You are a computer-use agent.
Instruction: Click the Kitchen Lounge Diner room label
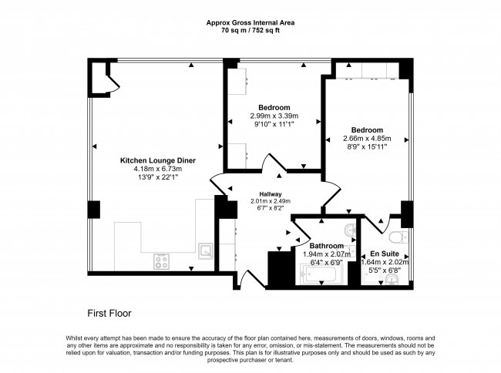[x=157, y=160]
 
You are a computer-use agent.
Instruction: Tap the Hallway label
[x=270, y=194]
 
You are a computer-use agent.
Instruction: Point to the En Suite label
[x=385, y=253]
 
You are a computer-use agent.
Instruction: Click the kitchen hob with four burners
[x=163, y=260]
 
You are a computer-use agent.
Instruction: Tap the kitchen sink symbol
[x=206, y=250]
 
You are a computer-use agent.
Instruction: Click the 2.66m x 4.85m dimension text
[x=367, y=139]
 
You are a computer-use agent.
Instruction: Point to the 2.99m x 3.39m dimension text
[x=274, y=115]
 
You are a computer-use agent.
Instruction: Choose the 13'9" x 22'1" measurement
[x=157, y=177]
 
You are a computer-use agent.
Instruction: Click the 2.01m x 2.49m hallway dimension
[x=270, y=201]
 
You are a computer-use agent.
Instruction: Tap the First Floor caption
[x=109, y=314]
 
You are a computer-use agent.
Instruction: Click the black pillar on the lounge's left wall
[x=94, y=209]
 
